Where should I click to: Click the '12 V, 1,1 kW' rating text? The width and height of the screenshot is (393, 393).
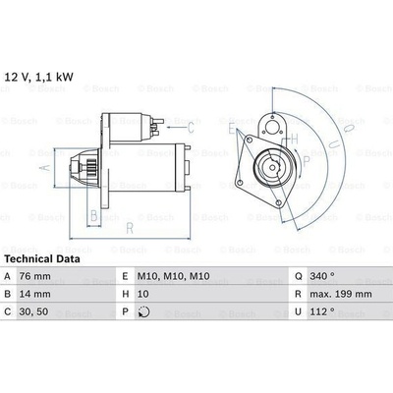[x=38, y=77]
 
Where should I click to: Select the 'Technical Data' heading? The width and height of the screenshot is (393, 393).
[x=42, y=259]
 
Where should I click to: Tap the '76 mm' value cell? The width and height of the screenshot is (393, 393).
[x=35, y=276]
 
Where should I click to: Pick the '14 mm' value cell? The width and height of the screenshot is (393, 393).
[x=35, y=294]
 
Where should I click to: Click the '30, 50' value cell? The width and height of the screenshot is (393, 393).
[x=33, y=311]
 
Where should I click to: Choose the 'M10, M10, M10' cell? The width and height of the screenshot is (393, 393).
[x=173, y=276]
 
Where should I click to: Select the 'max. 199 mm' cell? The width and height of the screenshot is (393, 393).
[x=341, y=294]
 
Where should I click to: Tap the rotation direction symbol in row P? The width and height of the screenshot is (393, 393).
[x=143, y=311]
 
